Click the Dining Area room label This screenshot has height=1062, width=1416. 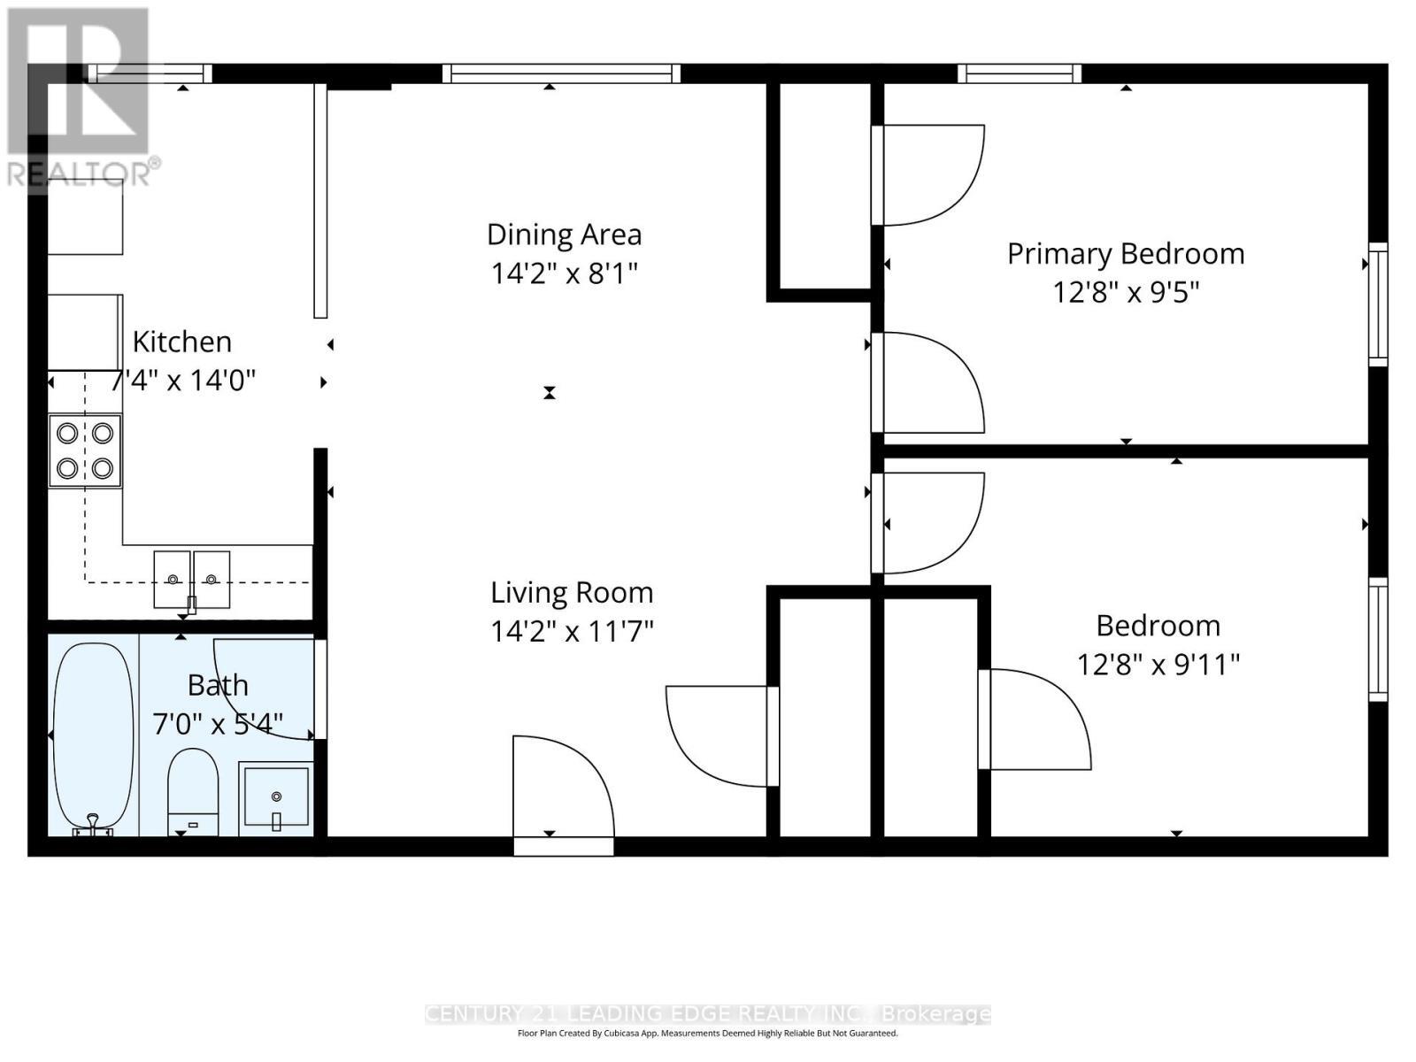tap(564, 235)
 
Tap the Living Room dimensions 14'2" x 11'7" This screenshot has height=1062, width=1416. tap(572, 631)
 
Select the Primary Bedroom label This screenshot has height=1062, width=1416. tap(1125, 254)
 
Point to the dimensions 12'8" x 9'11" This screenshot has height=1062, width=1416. tap(1158, 664)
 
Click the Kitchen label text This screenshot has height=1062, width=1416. tap(182, 342)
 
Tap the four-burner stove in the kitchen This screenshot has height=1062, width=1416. tap(85, 450)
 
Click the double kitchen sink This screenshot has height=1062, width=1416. tap(192, 579)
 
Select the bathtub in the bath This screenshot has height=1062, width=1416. tap(93, 736)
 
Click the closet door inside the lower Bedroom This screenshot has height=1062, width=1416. tap(1035, 719)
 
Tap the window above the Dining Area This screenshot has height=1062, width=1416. tap(561, 73)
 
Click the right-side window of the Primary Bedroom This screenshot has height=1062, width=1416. tap(1378, 304)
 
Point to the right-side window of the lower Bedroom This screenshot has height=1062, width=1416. tap(1378, 639)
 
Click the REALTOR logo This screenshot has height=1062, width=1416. tap(80, 97)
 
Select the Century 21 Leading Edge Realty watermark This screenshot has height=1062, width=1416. tap(708, 1014)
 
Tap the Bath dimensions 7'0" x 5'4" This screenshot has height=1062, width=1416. tap(218, 724)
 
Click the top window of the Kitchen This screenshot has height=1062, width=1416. tap(150, 73)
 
